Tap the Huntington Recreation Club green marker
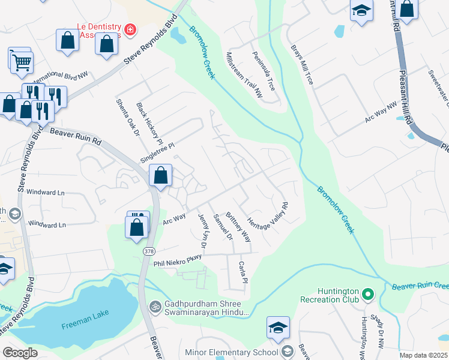pos(369,295)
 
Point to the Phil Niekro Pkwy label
pos(177,258)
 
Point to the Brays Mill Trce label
pos(302,64)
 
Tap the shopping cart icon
pos(21,61)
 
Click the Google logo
pos(20,353)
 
